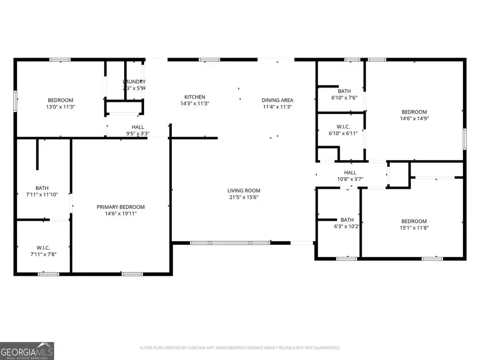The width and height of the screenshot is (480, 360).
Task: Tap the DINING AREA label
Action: click(277, 100)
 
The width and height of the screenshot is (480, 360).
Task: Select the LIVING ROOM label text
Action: click(244, 190)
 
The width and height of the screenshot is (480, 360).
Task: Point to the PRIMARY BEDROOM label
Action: click(121, 207)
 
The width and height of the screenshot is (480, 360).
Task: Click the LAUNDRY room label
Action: click(134, 82)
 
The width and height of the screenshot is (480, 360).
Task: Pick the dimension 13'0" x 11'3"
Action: click(61, 107)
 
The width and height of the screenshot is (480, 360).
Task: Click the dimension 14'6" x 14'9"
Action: click(414, 118)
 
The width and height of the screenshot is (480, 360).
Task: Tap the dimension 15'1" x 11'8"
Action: click(414, 228)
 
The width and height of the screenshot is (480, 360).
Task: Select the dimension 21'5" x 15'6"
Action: click(244, 197)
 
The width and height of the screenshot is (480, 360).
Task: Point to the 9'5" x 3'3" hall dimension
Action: click(138, 133)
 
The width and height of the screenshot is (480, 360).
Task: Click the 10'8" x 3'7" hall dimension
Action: click(350, 179)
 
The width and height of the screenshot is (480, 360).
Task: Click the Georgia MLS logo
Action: click(27, 351)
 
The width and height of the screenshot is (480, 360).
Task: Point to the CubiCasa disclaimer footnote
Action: click(239, 348)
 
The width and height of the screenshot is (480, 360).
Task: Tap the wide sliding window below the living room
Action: click(230, 243)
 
